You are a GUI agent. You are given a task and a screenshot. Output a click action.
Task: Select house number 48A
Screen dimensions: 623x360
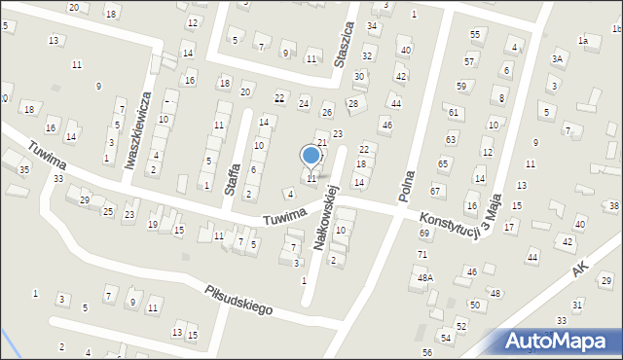tap(425, 277)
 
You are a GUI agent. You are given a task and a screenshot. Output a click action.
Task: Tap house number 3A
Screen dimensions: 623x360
tap(558, 59)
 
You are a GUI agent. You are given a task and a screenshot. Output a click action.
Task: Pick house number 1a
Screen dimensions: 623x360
tap(583, 41)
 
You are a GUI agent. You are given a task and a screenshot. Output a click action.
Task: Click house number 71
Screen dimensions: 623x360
tap(422, 255)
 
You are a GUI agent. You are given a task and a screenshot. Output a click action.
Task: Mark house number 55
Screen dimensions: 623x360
tap(475, 35)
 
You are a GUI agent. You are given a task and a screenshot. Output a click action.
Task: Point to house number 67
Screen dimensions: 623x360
tap(436, 191)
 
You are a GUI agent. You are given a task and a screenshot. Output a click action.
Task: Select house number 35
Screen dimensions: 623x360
tap(23, 169)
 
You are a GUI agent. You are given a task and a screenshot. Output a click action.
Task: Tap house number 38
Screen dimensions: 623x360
tap(613, 206)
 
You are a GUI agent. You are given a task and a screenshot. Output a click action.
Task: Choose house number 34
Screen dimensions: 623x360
tap(372, 25)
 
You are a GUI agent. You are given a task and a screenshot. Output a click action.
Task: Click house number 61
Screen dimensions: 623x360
tap(454, 113)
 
